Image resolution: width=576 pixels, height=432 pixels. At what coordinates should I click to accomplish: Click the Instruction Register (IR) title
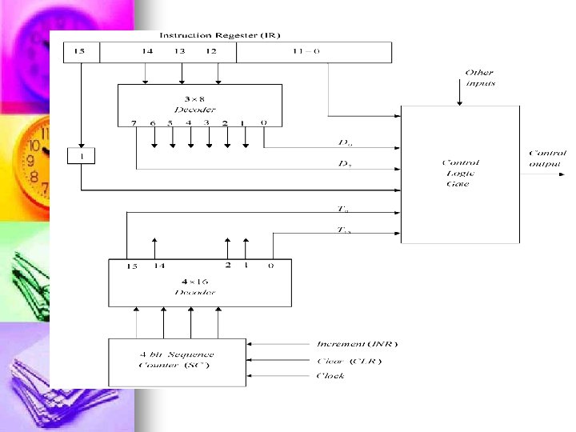coord(220,35)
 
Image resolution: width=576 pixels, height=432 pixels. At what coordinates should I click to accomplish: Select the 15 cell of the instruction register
coord(80,52)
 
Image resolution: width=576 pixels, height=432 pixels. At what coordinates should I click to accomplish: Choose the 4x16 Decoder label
coord(196,287)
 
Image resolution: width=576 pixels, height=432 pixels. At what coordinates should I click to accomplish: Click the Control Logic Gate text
coord(460,173)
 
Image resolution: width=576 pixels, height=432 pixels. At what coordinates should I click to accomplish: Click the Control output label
coord(547,158)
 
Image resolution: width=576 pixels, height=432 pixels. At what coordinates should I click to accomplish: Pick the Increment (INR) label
coord(357,344)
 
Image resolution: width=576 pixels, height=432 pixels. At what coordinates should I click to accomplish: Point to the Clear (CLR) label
coord(349,360)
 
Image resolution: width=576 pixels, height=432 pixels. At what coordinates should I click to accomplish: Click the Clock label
coord(330,375)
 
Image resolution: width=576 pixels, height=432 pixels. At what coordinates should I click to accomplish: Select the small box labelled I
coord(81,157)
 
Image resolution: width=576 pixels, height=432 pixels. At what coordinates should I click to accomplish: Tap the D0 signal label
coord(345,143)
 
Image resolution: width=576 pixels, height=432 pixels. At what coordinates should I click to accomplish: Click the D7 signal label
coord(345,164)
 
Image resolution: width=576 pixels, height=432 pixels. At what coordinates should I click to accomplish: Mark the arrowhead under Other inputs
coord(458,102)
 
